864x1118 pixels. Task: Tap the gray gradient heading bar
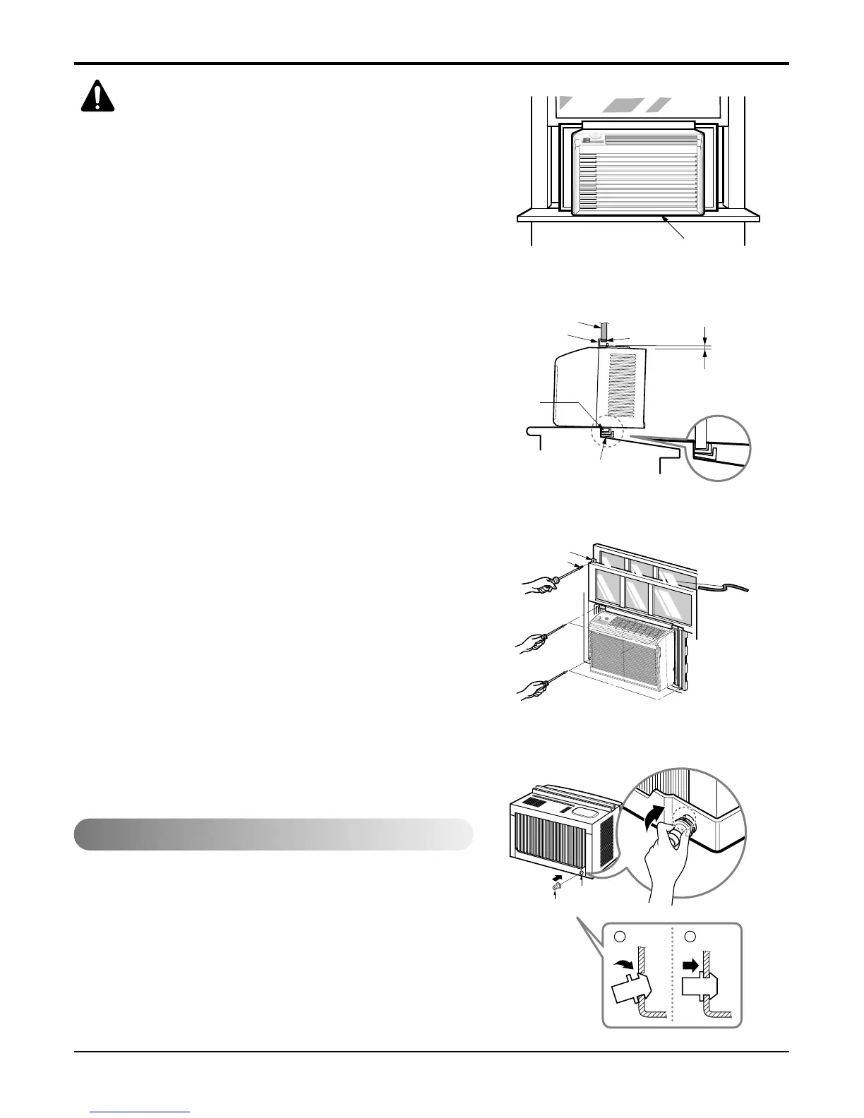pyautogui.click(x=273, y=834)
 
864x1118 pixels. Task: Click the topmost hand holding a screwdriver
pyautogui.click(x=543, y=584)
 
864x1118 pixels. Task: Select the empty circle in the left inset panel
pyautogui.click(x=620, y=935)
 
